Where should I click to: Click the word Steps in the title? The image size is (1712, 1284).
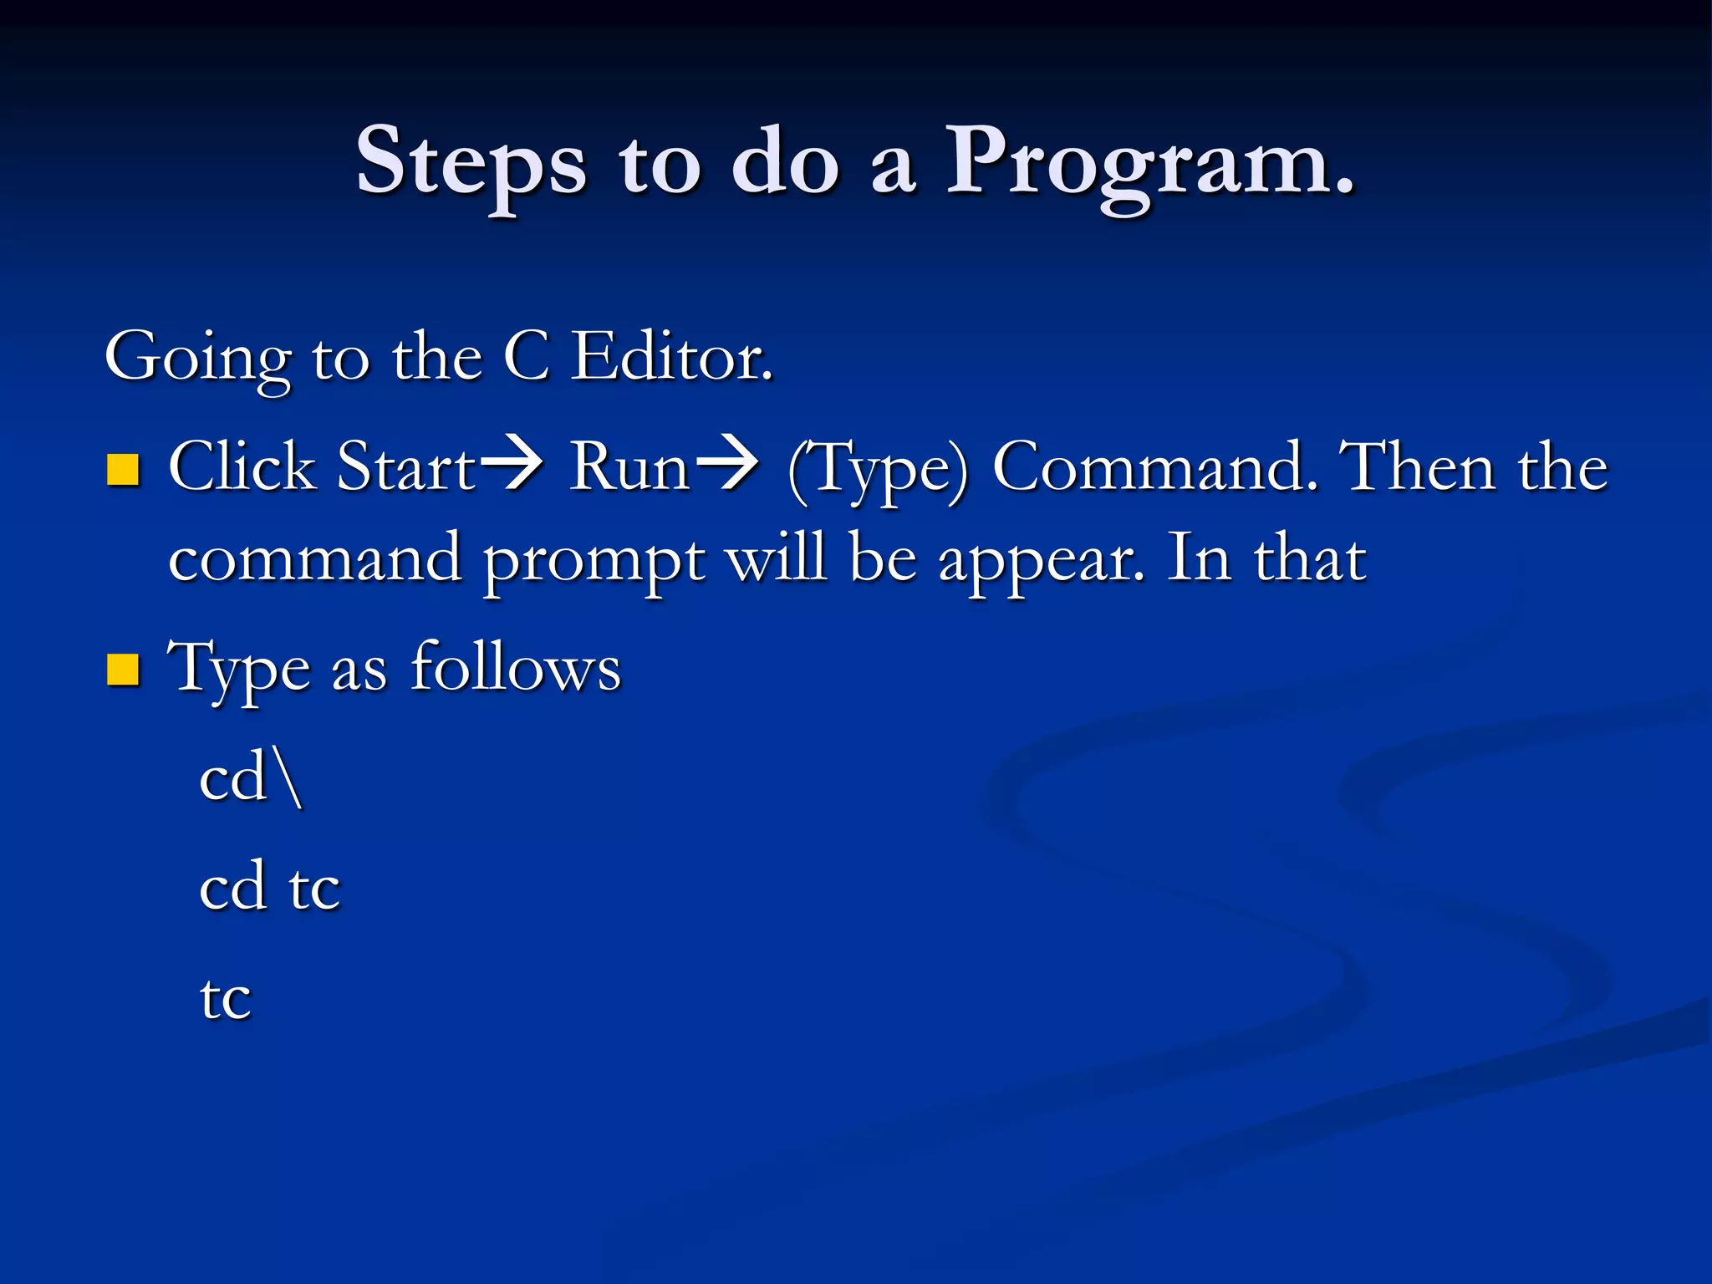click(x=471, y=163)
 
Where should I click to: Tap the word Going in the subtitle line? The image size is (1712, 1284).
click(x=198, y=358)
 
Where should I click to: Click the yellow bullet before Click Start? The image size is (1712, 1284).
click(x=123, y=470)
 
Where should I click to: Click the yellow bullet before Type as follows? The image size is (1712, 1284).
click(x=123, y=670)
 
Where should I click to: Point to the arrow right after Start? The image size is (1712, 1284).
click(x=512, y=465)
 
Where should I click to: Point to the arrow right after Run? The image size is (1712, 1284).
click(x=726, y=465)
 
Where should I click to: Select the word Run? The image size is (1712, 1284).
click(x=629, y=466)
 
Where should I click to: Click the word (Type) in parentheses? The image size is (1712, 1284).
click(x=878, y=470)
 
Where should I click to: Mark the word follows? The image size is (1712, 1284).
click(x=516, y=668)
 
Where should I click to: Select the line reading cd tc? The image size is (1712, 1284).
click(x=269, y=887)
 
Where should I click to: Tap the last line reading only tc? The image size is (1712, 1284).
click(x=225, y=998)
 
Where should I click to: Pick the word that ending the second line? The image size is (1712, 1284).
click(x=1309, y=558)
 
